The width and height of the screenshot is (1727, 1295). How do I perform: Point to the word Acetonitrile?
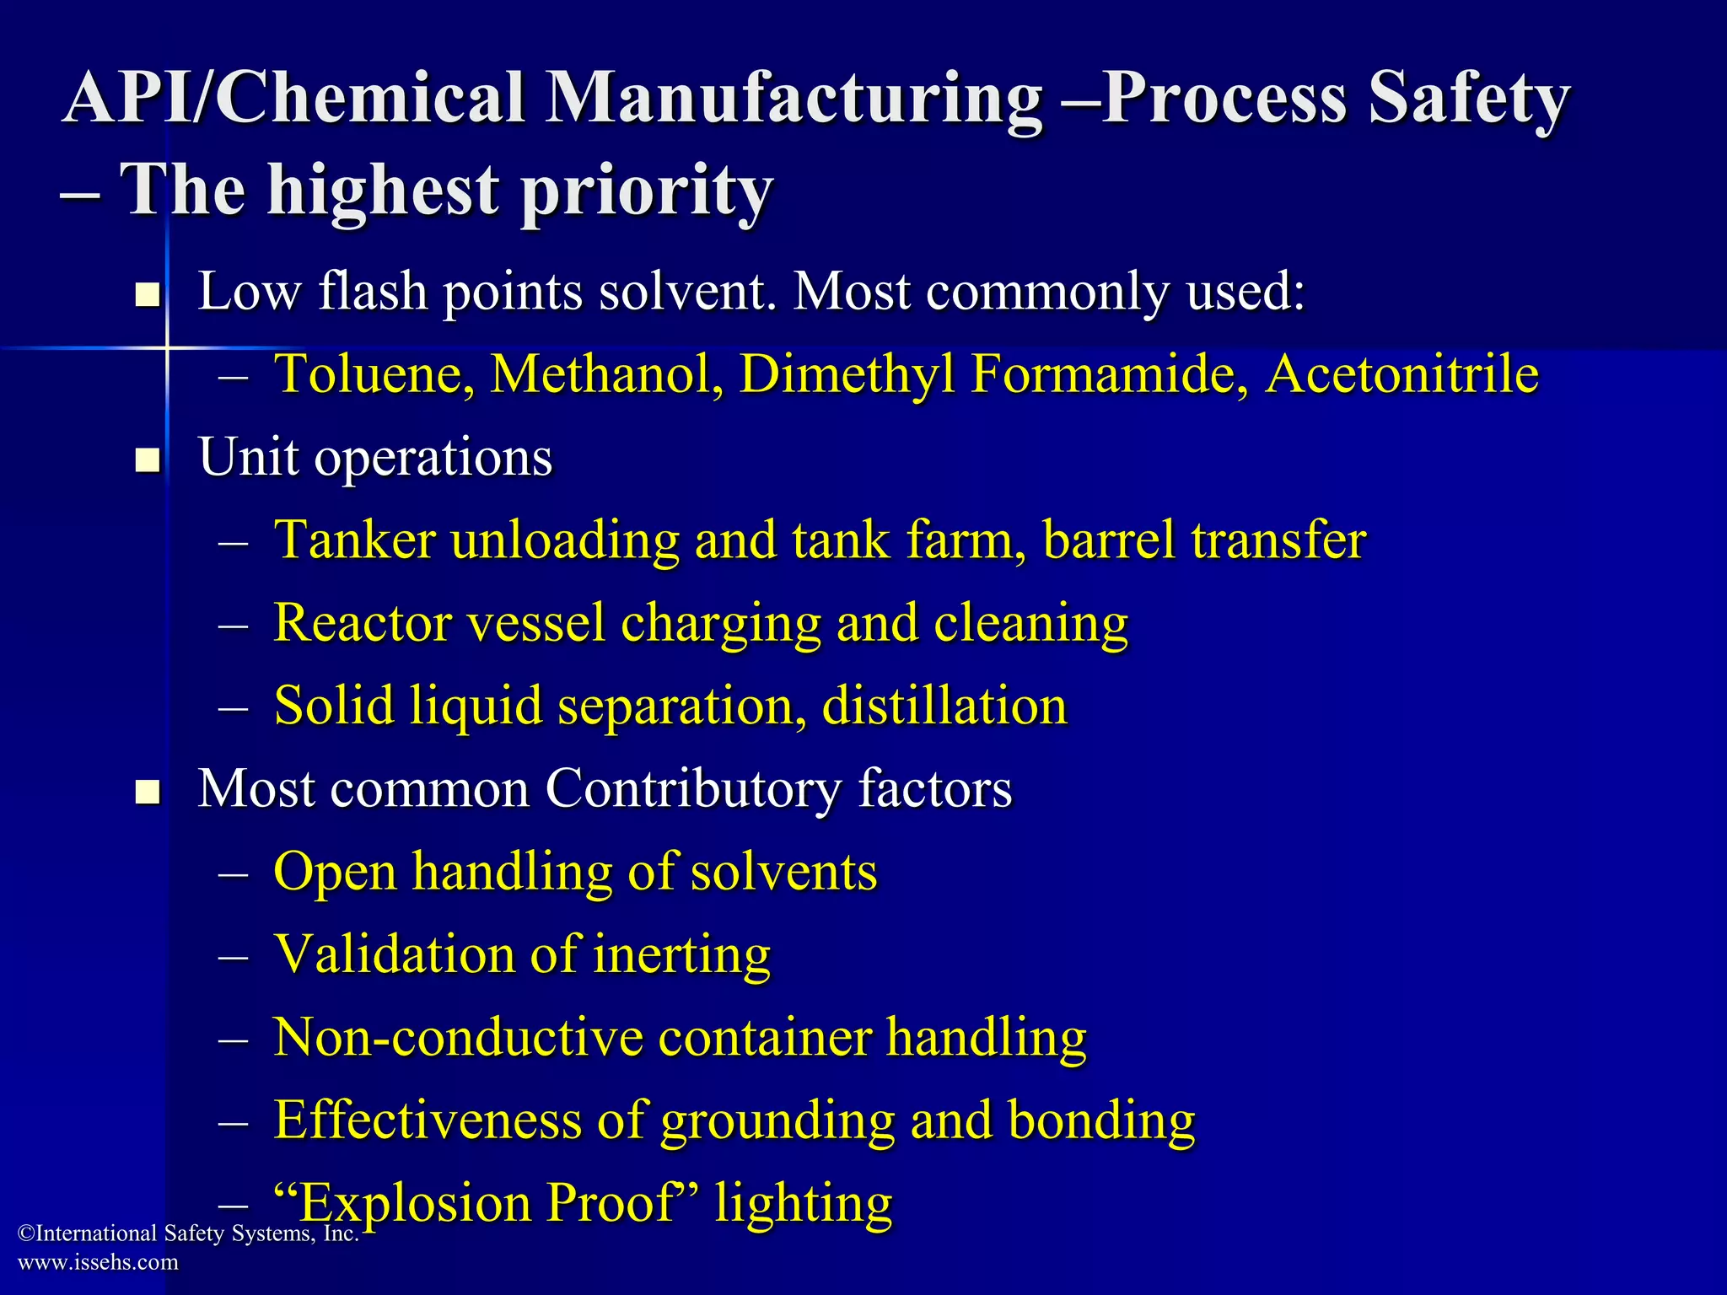pyautogui.click(x=1402, y=373)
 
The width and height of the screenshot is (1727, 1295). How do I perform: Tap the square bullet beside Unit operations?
pyautogui.click(x=148, y=460)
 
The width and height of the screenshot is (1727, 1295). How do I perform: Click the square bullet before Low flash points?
pyautogui.click(x=148, y=294)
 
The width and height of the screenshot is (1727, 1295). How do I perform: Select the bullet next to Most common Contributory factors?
pyautogui.click(x=148, y=793)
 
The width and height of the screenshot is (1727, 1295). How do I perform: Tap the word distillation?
pyautogui.click(x=944, y=706)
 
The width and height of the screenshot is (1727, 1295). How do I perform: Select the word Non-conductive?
pyautogui.click(x=458, y=1037)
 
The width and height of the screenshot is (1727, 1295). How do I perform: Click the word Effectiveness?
pyautogui.click(x=428, y=1120)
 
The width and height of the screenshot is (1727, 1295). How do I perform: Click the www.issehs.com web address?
pyautogui.click(x=98, y=1262)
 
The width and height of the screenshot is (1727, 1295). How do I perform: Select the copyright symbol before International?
pyautogui.click(x=25, y=1234)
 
